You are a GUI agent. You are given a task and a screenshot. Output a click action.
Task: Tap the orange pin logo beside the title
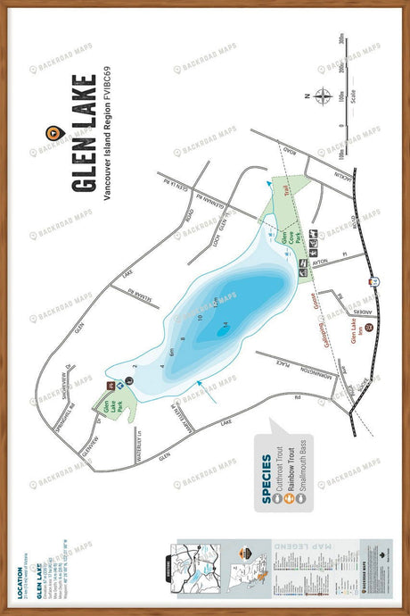click(x=53, y=133)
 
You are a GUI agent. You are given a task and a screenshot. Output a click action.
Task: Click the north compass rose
click(x=324, y=96)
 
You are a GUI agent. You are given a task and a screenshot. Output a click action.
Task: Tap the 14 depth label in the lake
click(x=225, y=323)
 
